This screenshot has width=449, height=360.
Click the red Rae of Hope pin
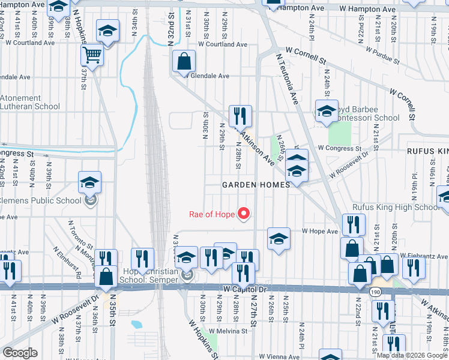tap(244, 213)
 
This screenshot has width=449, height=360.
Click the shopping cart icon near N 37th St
tap(92, 56)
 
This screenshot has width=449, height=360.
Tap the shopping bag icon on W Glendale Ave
tap(184, 62)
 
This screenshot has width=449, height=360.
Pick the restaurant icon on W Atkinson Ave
tap(240, 116)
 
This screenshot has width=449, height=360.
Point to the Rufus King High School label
tap(396, 208)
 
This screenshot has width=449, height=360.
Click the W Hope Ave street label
tap(320, 230)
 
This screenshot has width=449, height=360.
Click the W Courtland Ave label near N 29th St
tap(222, 44)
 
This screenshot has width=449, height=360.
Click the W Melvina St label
tap(227, 331)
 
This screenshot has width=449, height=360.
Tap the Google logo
tap(20, 353)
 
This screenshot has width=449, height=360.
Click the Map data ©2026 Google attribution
tap(412, 355)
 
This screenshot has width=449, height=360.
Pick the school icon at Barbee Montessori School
tap(327, 111)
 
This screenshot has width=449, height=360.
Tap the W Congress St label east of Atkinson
tap(340, 148)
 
